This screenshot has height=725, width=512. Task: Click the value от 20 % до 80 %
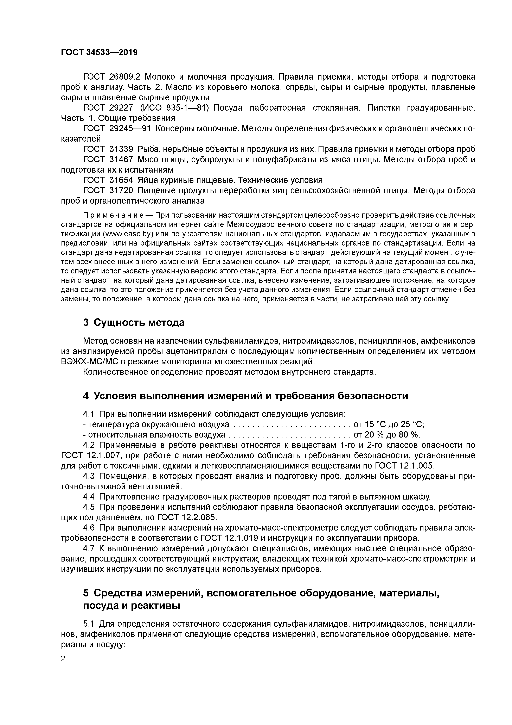[x=387, y=434]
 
